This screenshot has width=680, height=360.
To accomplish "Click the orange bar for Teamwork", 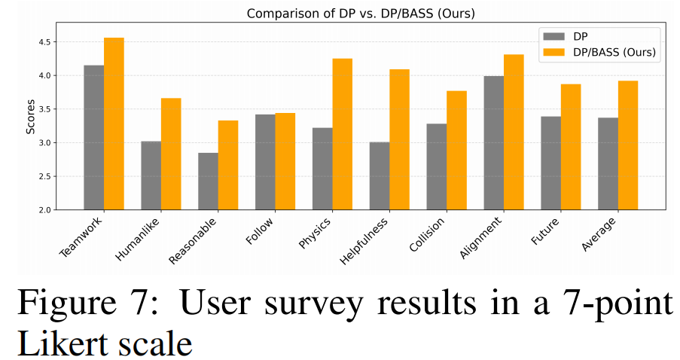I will [x=114, y=124].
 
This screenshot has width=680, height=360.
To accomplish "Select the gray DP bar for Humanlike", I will [x=151, y=175].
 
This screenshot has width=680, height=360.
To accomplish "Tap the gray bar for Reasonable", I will [x=208, y=182].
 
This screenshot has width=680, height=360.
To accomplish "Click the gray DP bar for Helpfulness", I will [x=380, y=175].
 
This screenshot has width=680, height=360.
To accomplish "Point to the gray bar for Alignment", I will [x=494, y=143].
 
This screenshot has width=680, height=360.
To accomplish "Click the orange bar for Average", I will [x=628, y=145].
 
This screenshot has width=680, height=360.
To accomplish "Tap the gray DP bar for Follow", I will [x=265, y=162].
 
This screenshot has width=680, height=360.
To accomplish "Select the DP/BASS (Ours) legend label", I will [x=615, y=53].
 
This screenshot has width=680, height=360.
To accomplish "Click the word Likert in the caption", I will [x=65, y=343].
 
